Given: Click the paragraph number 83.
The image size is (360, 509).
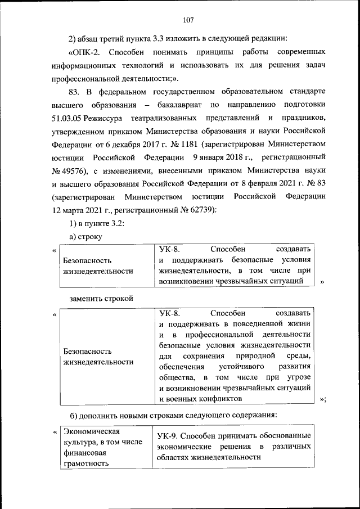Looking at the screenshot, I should [x=75, y=92].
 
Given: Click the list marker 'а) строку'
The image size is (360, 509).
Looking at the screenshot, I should [x=85, y=237].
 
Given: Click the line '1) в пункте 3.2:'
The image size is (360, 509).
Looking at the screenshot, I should [x=92, y=224].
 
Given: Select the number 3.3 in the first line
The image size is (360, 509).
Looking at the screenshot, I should [x=161, y=39].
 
